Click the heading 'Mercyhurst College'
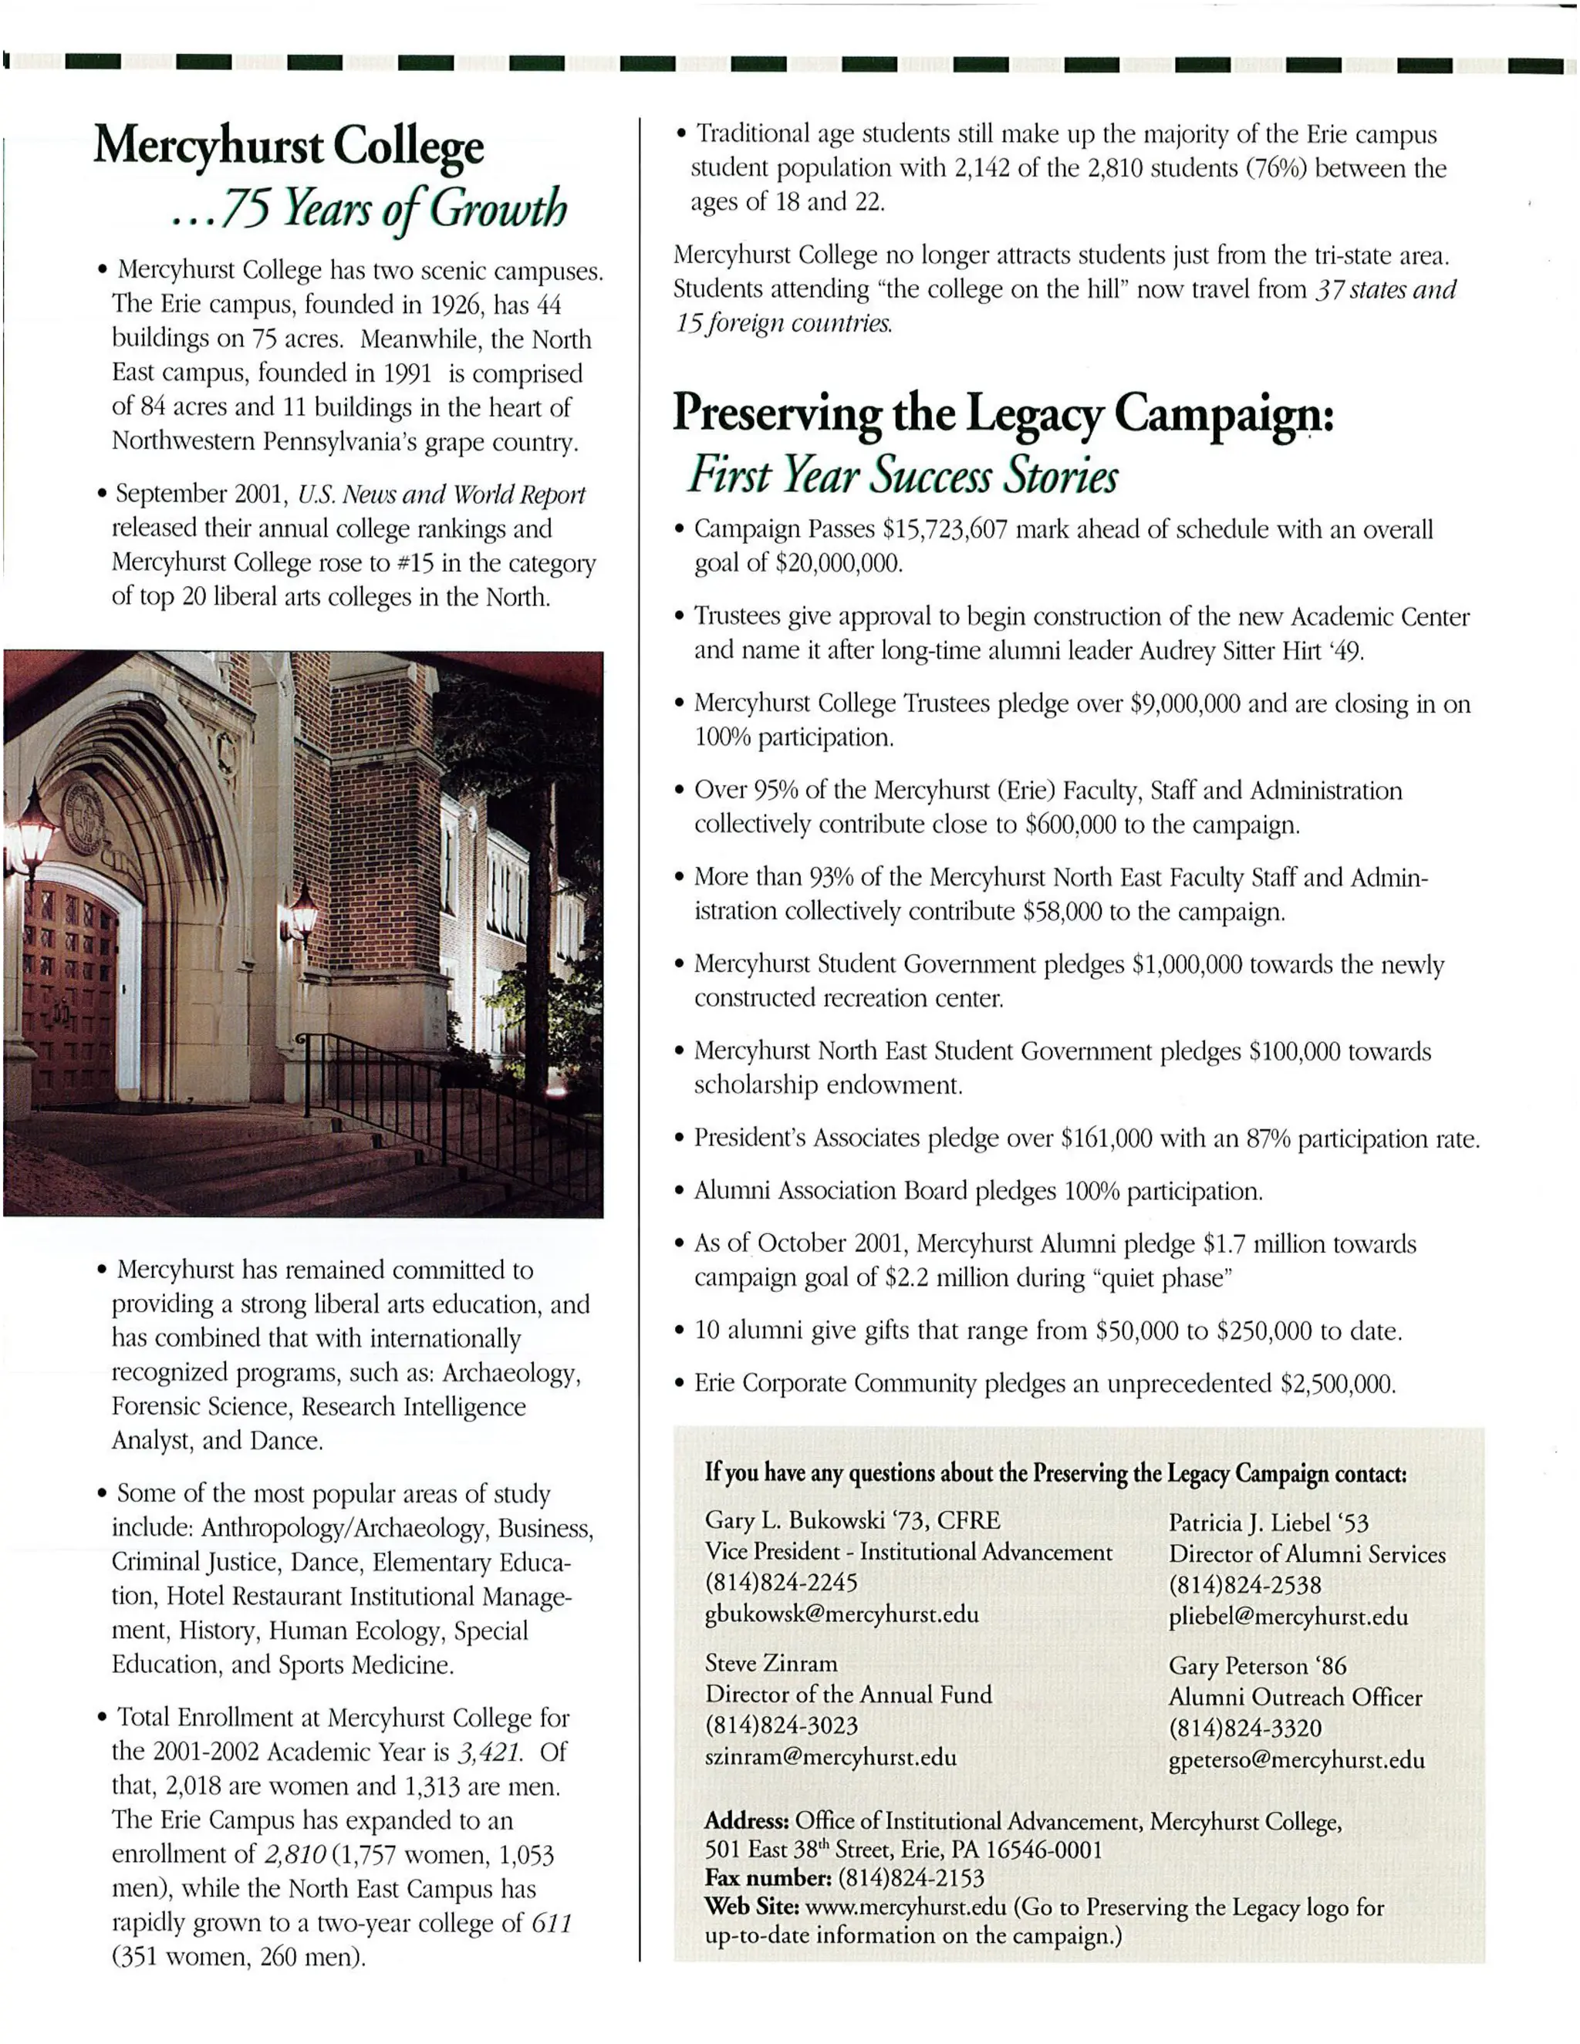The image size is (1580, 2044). pyautogui.click(x=289, y=147)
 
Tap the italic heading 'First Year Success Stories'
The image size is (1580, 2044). pyautogui.click(x=903, y=474)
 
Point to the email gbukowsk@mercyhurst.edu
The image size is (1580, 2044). pyautogui.click(x=842, y=1614)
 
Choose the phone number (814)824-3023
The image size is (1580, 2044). pyautogui.click(x=781, y=1725)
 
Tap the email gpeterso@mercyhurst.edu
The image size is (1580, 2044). pyautogui.click(x=1296, y=1759)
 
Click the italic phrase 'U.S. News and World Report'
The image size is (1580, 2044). pyautogui.click(x=441, y=494)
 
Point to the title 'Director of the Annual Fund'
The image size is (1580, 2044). pyautogui.click(x=848, y=1694)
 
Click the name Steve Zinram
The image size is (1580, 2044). pyautogui.click(x=771, y=1663)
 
